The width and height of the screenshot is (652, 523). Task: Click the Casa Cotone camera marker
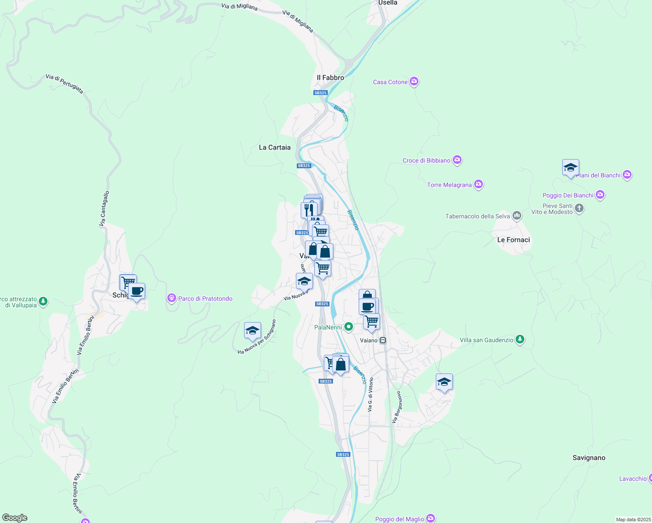point(414,82)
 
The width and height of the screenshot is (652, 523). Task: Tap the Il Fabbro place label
point(330,78)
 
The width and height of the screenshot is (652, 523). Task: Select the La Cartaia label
point(275,147)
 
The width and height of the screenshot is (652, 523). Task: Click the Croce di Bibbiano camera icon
point(457,160)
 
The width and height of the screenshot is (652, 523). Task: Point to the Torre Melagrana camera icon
point(479,184)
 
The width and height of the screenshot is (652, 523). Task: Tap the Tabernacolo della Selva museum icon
point(517,215)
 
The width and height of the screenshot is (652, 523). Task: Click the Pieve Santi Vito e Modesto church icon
point(579,208)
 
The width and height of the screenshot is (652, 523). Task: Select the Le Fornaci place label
point(513,240)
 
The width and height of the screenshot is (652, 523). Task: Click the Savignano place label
point(589,458)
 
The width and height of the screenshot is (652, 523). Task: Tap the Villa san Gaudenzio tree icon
point(520,339)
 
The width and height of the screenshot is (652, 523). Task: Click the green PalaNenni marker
point(348,326)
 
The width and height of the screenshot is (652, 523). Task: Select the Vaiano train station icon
point(383,340)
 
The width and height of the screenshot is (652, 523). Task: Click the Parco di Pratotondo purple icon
point(172,298)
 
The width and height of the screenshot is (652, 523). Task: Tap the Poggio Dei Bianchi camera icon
point(600,194)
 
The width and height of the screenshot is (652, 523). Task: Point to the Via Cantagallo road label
point(104,209)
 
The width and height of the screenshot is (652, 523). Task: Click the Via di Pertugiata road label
point(64,83)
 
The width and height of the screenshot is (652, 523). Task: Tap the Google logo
point(15,518)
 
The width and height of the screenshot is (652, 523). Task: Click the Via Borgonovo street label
point(396,407)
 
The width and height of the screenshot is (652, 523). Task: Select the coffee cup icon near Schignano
point(137,291)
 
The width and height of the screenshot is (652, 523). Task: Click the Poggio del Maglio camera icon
point(431,518)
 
